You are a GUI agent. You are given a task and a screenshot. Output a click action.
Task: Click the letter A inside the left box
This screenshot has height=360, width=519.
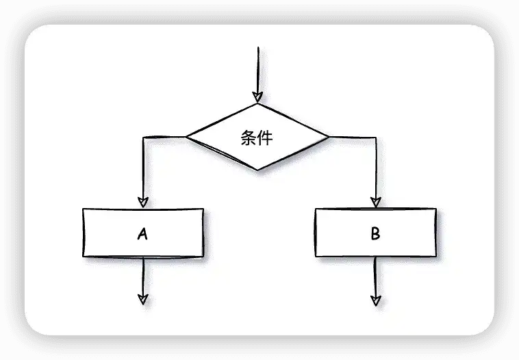point(142,234)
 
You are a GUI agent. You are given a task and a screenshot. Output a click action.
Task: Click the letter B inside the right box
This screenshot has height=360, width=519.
point(375,234)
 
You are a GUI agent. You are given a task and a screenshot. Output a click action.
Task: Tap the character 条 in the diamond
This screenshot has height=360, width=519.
point(249,138)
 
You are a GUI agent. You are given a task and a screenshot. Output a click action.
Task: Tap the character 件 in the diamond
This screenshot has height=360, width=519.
point(265,138)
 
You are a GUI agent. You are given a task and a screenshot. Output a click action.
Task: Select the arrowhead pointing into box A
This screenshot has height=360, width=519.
point(142,202)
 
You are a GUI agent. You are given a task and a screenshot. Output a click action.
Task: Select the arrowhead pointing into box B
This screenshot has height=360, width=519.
point(375,202)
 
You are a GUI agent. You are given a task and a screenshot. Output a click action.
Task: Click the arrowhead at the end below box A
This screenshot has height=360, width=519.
point(142,298)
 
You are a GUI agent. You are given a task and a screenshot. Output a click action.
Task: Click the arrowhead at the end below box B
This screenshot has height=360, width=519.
point(375,299)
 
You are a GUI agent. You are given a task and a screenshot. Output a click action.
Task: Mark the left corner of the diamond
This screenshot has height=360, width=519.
point(187,138)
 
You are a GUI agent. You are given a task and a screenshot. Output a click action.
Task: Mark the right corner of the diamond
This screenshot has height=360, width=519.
point(329,138)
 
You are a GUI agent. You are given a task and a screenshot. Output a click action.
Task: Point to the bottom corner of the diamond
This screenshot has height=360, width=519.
point(257,170)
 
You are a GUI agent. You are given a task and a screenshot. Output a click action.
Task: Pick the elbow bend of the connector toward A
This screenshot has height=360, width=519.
point(143,138)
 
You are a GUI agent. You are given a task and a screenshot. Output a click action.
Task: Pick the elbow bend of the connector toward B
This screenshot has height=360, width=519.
point(375,138)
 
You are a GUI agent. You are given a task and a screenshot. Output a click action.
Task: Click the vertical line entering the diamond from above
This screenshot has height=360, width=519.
point(257,68)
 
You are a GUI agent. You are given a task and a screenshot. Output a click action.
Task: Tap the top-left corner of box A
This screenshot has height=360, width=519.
point(84,209)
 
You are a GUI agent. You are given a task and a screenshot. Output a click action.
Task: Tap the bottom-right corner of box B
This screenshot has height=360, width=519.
point(435,256)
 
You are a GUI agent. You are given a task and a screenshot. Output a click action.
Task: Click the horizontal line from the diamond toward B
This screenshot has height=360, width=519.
point(352,138)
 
